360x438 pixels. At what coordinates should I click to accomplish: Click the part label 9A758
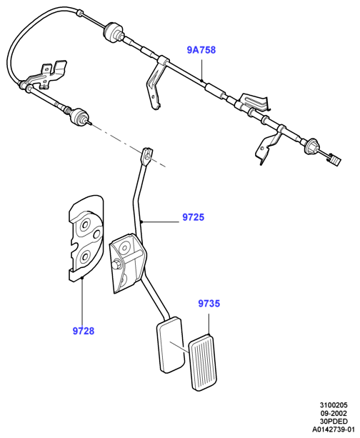[x=201, y=50]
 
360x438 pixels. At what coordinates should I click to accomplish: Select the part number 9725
[x=194, y=217]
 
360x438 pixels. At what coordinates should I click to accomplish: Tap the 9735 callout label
[x=209, y=304]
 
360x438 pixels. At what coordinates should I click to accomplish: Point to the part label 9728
[x=84, y=331]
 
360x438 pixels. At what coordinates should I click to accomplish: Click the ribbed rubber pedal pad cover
[x=203, y=362]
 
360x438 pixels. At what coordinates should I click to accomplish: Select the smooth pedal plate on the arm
[x=171, y=344]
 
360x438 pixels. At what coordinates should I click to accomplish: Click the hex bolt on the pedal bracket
[x=116, y=264]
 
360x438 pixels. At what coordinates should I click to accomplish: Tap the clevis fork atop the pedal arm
[x=147, y=155]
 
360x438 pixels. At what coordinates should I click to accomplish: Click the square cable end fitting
[x=335, y=160]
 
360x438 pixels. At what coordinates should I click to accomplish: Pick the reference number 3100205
[x=334, y=405]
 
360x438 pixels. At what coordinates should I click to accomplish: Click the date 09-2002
[x=334, y=413]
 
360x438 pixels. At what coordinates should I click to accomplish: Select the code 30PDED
[x=334, y=422]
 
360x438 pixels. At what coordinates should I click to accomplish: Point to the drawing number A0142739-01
[x=334, y=429]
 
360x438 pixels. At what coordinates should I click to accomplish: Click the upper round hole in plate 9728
[x=85, y=224]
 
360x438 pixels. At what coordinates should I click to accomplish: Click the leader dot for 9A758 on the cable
[x=201, y=81]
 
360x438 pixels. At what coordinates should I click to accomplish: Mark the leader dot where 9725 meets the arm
[x=142, y=222]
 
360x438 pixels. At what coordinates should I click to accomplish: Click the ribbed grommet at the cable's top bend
[x=112, y=31]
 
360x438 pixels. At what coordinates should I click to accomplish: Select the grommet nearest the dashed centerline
[x=79, y=116]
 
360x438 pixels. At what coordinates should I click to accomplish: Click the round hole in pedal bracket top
[x=124, y=247]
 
